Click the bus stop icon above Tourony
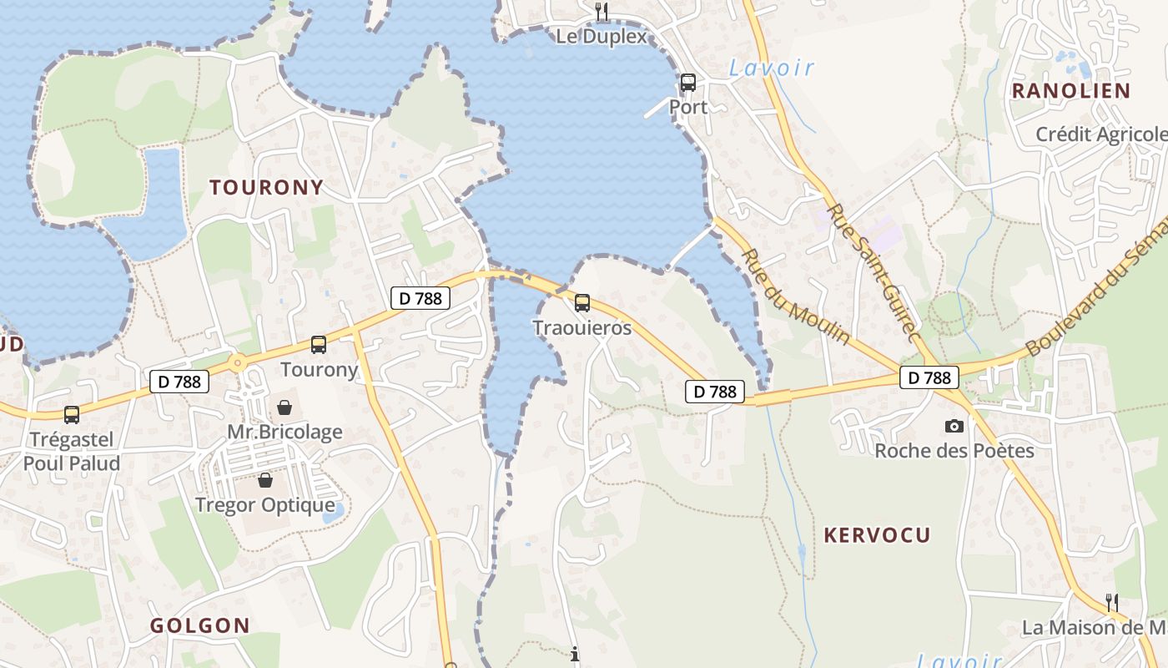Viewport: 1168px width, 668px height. tap(318, 344)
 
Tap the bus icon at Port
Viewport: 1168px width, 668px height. tap(687, 83)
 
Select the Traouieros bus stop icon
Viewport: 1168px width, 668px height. tap(582, 303)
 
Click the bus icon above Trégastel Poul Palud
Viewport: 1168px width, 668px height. tap(72, 414)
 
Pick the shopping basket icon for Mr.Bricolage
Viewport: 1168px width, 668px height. tap(284, 407)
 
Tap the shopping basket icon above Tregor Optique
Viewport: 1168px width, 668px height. tap(264, 480)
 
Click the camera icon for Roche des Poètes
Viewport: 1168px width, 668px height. tap(954, 426)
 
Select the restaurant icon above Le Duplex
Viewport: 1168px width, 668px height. tap(602, 11)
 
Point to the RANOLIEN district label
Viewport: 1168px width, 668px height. tap(1070, 91)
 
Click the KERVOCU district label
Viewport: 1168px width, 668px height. tap(877, 535)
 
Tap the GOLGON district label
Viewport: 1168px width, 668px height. tap(200, 625)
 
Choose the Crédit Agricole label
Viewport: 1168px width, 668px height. tap(1100, 134)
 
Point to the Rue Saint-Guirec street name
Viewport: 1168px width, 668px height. tap(874, 272)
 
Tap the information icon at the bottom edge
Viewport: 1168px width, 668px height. tap(575, 655)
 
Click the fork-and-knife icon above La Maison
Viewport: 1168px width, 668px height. tap(1111, 601)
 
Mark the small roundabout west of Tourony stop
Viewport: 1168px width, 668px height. tap(239, 362)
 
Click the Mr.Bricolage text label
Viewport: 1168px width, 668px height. tap(284, 433)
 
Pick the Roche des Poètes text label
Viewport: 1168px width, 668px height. tap(954, 451)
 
